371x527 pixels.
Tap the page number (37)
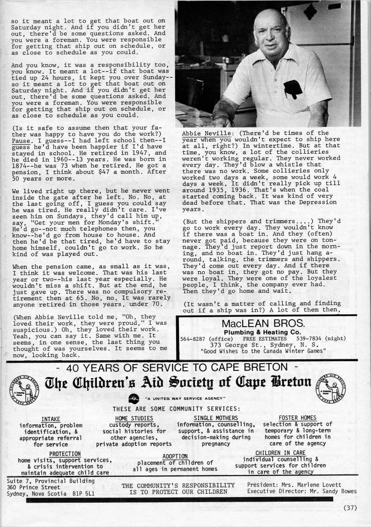[x=350, y=507]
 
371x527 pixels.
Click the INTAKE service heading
[x=51, y=418]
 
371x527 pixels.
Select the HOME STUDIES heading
[x=134, y=418]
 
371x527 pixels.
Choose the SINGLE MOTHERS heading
[x=216, y=418]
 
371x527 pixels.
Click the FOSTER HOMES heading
[x=297, y=418]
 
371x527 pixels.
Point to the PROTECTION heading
[x=65, y=454]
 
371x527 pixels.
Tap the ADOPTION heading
[x=175, y=456]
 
